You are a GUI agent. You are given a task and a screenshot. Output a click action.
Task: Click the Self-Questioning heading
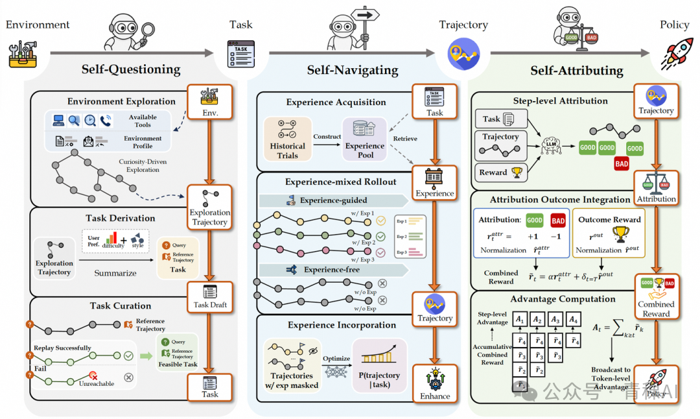pyautogui.click(x=131, y=69)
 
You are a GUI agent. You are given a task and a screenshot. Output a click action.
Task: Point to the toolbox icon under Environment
pyautogui.click(x=21, y=54)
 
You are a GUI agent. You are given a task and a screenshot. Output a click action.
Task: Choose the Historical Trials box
pyautogui.click(x=287, y=139)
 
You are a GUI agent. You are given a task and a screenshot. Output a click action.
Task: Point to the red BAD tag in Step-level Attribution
pyautogui.click(x=622, y=164)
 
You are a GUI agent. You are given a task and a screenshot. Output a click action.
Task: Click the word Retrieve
pyautogui.click(x=405, y=138)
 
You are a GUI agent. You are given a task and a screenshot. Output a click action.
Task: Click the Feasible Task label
pyautogui.click(x=178, y=365)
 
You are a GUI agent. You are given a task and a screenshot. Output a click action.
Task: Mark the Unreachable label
pyautogui.click(x=96, y=383)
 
